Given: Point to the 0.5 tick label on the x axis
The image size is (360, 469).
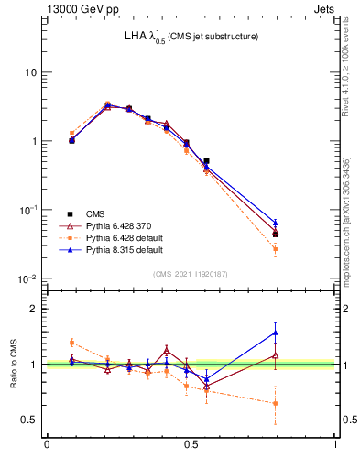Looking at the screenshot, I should click(x=191, y=444).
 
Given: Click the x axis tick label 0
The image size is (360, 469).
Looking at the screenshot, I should click(x=47, y=444).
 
